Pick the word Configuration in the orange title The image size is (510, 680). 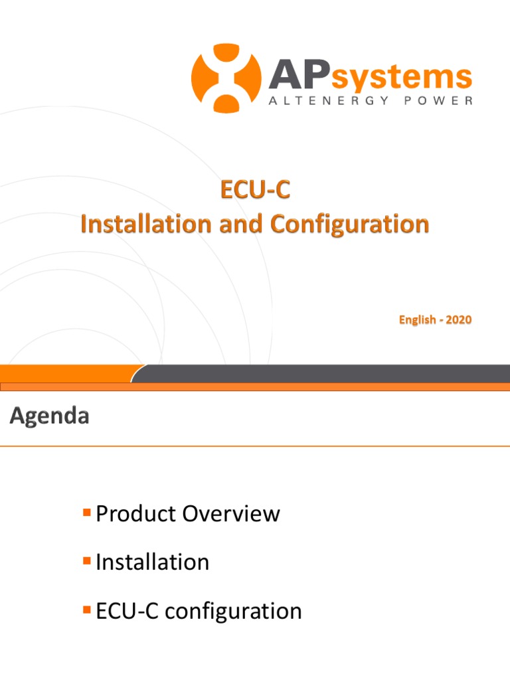click(349, 224)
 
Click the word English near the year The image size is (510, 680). click(417, 320)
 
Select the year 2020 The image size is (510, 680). click(459, 320)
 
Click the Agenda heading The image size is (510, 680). click(49, 416)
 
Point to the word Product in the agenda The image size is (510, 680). click(136, 513)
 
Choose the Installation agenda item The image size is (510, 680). click(152, 562)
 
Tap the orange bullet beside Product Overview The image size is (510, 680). click(86, 512)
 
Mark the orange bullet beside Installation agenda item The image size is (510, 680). click(86, 561)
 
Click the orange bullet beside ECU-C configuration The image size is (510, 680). click(86, 610)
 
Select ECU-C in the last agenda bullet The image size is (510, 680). click(127, 611)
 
